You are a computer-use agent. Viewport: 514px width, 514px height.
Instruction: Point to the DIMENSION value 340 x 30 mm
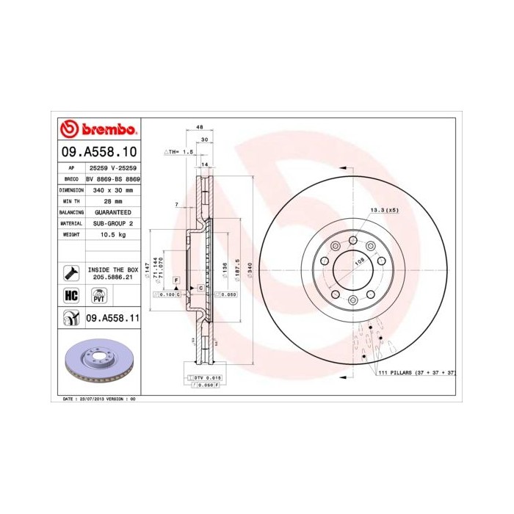pyautogui.click(x=113, y=189)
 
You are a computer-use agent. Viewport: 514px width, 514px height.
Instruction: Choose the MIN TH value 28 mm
pyautogui.click(x=113, y=200)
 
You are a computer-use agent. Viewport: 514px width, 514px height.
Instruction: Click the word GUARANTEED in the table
pyautogui.click(x=113, y=211)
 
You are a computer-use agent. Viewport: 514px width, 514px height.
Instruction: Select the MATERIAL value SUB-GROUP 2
pyautogui.click(x=113, y=222)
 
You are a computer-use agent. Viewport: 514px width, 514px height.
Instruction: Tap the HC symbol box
pyautogui.click(x=71, y=295)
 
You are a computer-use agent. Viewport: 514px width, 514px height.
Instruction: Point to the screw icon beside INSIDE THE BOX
pyautogui.click(x=71, y=273)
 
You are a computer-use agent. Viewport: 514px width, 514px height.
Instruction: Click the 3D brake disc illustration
pyautogui.click(x=97, y=362)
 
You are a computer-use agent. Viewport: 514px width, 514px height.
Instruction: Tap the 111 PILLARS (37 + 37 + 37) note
pyautogui.click(x=417, y=373)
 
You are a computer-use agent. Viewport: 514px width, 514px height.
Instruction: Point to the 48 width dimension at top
pyautogui.click(x=200, y=127)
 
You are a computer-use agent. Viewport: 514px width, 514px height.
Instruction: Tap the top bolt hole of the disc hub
pyautogui.click(x=352, y=240)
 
